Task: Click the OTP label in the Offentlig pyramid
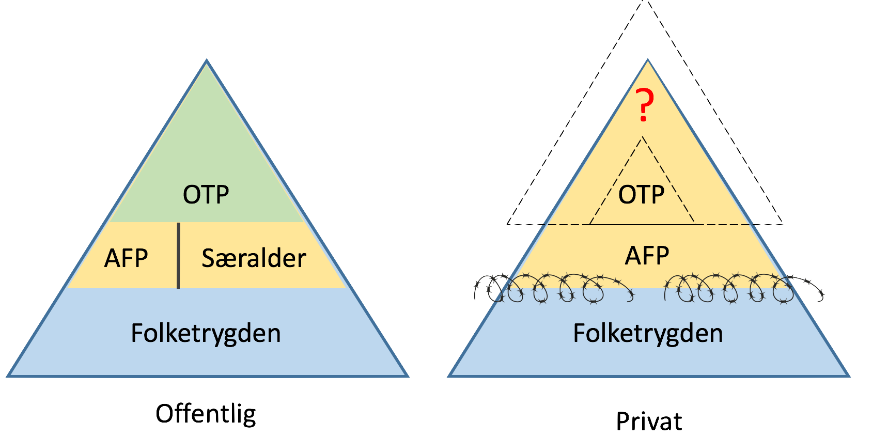coord(206,195)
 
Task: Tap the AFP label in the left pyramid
coord(126,258)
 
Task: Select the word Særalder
coord(254,258)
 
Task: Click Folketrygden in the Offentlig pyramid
coord(206,334)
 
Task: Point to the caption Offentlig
coord(206,415)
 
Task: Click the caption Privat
coord(649,421)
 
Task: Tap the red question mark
coord(644,105)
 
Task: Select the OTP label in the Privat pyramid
coord(641,195)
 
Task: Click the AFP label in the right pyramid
coord(647,256)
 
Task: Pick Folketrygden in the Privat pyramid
coord(648,334)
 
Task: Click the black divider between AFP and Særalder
coord(178,256)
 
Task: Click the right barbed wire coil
coord(743,289)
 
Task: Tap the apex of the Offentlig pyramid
coord(207,60)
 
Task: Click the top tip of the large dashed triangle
coord(645,1)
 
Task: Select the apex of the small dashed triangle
coord(642,136)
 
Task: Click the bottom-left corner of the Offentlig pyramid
coord(8,376)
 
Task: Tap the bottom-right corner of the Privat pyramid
coord(849,376)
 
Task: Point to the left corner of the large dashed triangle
coord(507,224)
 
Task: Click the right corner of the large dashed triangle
coord(782,224)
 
